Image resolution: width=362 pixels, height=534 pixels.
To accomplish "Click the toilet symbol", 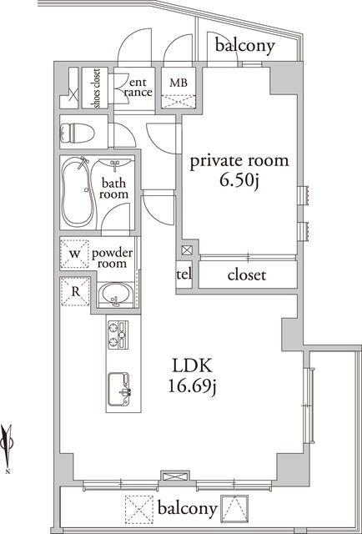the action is [77, 133].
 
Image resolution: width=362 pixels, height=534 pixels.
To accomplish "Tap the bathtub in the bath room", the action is [78, 192].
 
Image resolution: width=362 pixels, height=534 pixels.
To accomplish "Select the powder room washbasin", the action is [118, 294].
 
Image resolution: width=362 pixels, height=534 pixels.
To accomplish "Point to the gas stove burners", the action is [118, 335].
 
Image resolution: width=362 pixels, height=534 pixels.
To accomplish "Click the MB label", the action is [178, 83].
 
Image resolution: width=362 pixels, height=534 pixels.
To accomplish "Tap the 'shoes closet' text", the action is [97, 88].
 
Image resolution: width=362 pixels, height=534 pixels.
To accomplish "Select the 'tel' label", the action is [184, 275].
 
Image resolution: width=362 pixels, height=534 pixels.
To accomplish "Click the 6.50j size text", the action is [239, 181].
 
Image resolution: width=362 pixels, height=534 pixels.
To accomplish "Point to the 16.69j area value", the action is [193, 387].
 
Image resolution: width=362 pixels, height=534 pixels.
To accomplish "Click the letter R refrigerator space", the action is [76, 291].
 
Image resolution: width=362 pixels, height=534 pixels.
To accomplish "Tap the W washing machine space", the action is [74, 254].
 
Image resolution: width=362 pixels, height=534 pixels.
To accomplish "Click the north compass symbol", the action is [7, 447].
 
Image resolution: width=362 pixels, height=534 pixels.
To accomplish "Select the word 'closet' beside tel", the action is [247, 275].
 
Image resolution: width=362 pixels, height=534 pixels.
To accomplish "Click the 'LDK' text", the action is [193, 366].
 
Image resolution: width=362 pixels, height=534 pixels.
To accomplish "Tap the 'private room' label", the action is [239, 161].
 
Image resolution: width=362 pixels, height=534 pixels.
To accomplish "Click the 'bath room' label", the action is [114, 189].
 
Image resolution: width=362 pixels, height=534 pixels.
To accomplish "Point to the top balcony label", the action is [244, 46].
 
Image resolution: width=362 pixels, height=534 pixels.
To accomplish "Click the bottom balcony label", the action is [188, 509].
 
